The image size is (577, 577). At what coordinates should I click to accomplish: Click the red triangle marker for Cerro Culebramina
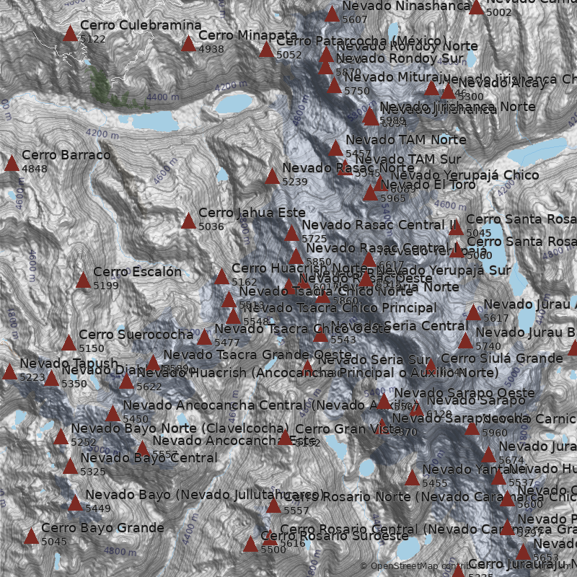click(70, 33)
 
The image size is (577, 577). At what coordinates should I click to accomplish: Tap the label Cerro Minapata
click(247, 35)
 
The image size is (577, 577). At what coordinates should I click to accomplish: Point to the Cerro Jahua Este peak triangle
click(188, 221)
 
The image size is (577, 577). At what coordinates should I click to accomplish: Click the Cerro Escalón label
click(137, 272)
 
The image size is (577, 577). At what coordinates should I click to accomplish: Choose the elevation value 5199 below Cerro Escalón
click(106, 286)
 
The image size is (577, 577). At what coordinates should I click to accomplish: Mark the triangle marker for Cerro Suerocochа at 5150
click(69, 343)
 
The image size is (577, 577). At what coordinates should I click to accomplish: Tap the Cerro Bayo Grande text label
click(102, 528)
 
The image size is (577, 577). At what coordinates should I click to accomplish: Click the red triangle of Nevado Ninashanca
click(332, 14)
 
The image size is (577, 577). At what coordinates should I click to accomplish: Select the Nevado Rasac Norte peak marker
click(272, 177)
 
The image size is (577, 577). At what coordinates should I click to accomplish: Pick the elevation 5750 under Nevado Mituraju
click(356, 91)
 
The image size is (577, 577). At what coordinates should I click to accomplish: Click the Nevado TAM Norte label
click(405, 139)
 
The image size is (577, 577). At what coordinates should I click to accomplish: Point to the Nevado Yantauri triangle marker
click(412, 477)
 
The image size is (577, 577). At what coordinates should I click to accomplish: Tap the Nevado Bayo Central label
click(149, 458)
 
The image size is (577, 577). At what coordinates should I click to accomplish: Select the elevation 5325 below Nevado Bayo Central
click(93, 472)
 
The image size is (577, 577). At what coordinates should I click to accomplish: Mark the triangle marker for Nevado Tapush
click(9, 372)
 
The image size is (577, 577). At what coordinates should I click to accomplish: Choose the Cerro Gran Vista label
click(338, 429)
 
